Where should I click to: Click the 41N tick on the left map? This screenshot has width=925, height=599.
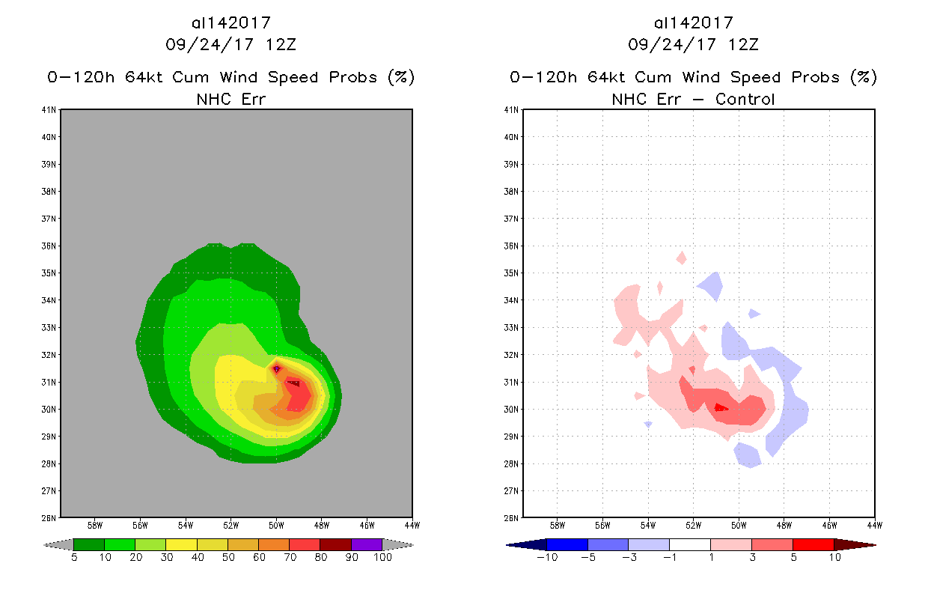[x=51, y=110]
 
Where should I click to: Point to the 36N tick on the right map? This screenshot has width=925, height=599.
[x=513, y=246]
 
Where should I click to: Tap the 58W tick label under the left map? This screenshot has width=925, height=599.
[x=95, y=525]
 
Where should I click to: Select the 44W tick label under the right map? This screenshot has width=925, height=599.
[x=874, y=525]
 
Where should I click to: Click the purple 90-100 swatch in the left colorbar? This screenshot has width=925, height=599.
[x=367, y=544]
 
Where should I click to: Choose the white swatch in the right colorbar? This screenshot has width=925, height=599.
[x=689, y=544]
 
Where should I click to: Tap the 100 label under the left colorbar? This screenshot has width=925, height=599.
[x=382, y=558]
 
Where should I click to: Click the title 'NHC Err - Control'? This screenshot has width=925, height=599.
[x=693, y=99]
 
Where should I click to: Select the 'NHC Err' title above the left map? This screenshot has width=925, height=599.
[x=231, y=99]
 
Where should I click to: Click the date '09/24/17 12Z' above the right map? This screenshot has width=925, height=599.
[x=693, y=44]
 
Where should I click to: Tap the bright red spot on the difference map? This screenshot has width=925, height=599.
[x=720, y=407]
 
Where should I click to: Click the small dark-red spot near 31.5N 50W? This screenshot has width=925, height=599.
[x=277, y=368]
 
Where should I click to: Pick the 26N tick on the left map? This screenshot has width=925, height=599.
[x=51, y=517]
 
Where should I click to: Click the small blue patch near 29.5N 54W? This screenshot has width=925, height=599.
[x=647, y=425]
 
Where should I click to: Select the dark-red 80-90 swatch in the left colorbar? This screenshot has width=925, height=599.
[x=335, y=544]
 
